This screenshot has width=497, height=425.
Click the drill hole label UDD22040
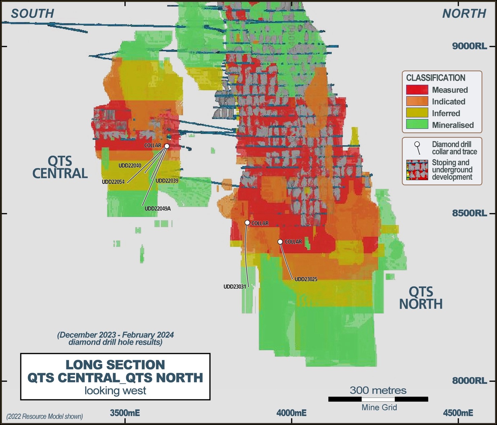tap(130, 166)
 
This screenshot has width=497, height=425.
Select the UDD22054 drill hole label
tap(113, 182)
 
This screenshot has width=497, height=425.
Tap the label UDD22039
tap(167, 181)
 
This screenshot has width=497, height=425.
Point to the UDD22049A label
tap(158, 209)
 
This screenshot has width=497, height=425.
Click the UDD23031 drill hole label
tap(235, 287)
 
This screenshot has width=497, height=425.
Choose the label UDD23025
tap(306, 279)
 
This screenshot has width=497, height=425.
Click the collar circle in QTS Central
tap(166, 146)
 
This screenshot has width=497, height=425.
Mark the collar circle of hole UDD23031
tap(247, 223)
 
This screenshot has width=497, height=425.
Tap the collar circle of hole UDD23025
tap(280, 242)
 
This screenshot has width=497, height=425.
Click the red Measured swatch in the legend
tap(417, 90)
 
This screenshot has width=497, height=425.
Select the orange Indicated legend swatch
tap(417, 101)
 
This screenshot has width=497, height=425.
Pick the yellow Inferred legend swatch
tap(417, 113)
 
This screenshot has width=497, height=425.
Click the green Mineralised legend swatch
tap(417, 125)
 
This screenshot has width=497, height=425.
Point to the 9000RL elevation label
tap(469, 46)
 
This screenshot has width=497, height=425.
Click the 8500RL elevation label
tap(469, 213)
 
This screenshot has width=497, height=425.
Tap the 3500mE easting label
tap(125, 413)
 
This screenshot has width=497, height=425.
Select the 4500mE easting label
tap(458, 413)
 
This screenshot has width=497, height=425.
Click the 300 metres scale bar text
tap(378, 390)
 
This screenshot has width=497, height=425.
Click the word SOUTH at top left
tap(32, 13)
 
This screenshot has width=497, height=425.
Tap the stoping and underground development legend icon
tap(417, 170)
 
